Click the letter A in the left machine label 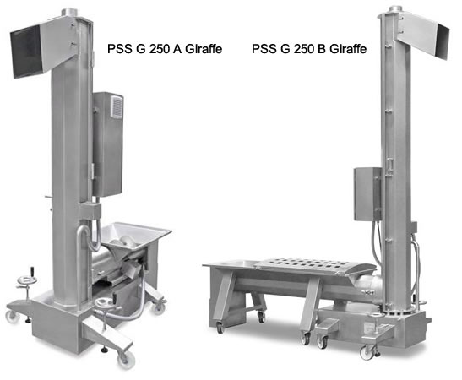177,49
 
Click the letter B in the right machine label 322,49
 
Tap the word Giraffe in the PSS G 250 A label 204,49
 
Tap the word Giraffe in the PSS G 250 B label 348,49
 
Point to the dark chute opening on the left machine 26,52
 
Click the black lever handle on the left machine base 32,271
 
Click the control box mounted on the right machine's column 367,194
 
